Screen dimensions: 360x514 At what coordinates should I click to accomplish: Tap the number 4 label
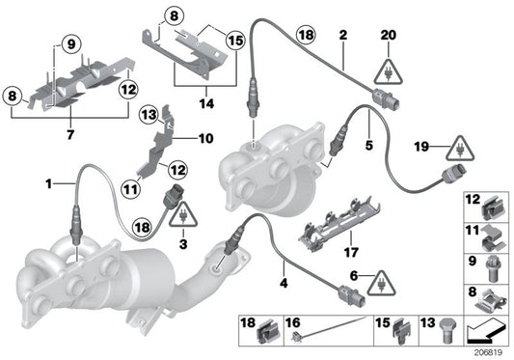[283, 283]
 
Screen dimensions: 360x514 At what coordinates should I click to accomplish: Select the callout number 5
[367, 148]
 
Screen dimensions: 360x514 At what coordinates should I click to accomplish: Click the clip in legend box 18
[262, 333]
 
